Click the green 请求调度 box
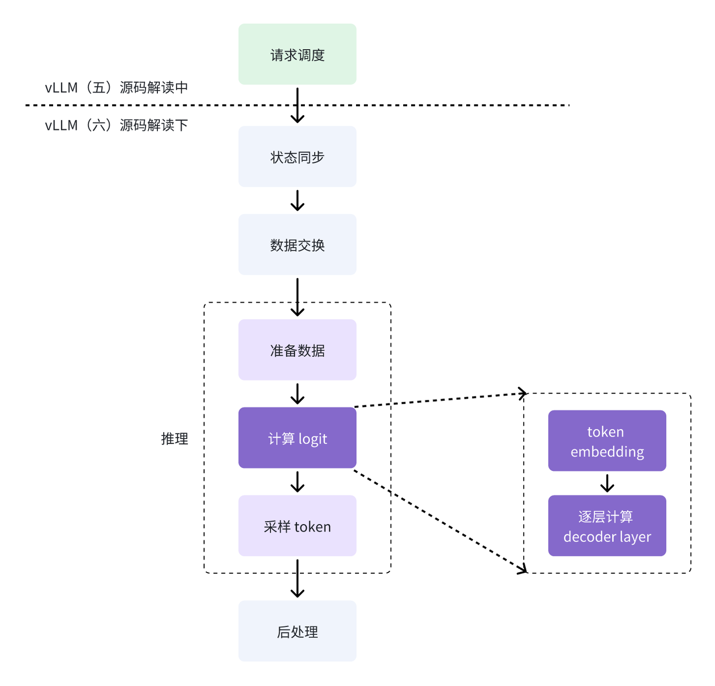click(297, 54)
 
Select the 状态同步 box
click(297, 156)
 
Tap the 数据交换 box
click(297, 244)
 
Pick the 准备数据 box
click(297, 350)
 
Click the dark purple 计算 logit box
click(297, 438)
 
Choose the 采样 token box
click(297, 526)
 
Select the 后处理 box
click(297, 631)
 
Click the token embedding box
click(607, 441)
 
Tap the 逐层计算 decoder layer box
click(607, 526)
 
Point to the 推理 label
click(175, 439)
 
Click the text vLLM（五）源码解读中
click(116, 87)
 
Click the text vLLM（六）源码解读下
click(116, 125)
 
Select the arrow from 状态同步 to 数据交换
click(297, 201)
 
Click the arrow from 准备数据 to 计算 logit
click(297, 394)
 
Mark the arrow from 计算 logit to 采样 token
click(297, 482)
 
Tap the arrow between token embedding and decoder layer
click(607, 483)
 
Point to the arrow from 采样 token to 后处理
click(297, 579)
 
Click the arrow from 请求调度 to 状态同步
click(297, 105)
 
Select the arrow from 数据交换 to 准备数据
click(297, 297)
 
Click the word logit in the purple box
click(312, 439)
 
